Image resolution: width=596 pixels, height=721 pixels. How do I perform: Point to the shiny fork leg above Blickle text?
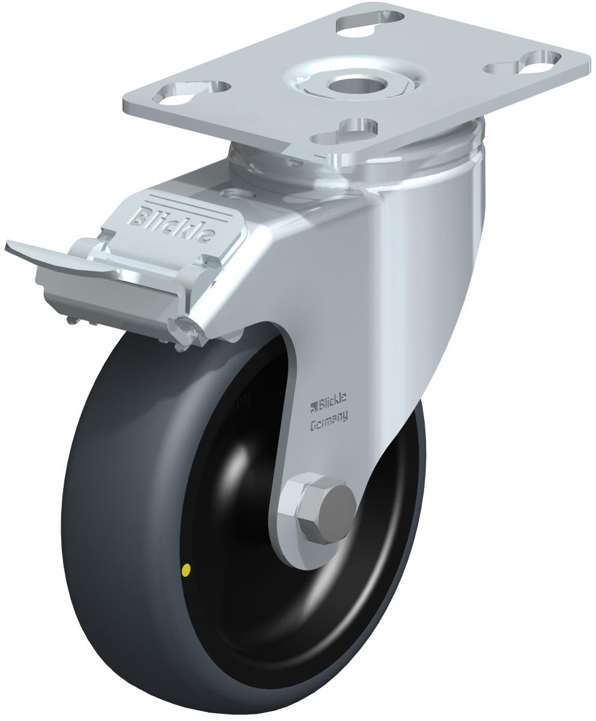point(360,300)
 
